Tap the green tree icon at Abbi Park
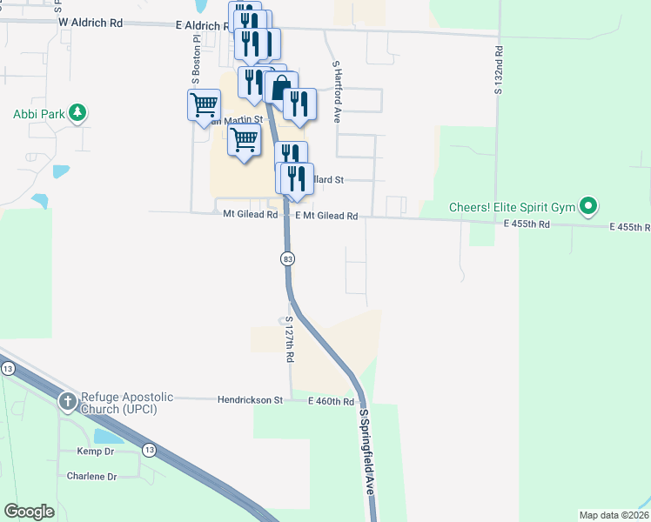pyautogui.click(x=77, y=112)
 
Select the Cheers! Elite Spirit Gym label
pyautogui.click(x=513, y=207)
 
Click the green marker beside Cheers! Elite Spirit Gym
pyautogui.click(x=588, y=207)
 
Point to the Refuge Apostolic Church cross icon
pyautogui.click(x=68, y=402)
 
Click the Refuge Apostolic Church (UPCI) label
pyautogui.click(x=127, y=403)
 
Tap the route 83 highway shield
pyautogui.click(x=287, y=259)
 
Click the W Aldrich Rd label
pyautogui.click(x=90, y=24)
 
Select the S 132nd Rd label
pyautogui.click(x=499, y=70)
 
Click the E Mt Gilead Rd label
pyautogui.click(x=326, y=216)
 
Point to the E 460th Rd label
pyautogui.click(x=331, y=402)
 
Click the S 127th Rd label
pyautogui.click(x=290, y=340)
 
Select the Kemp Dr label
pyautogui.click(x=96, y=452)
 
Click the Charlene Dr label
pyautogui.click(x=91, y=477)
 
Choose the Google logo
pyautogui.click(x=29, y=512)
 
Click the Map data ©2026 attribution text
pyautogui.click(x=614, y=515)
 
